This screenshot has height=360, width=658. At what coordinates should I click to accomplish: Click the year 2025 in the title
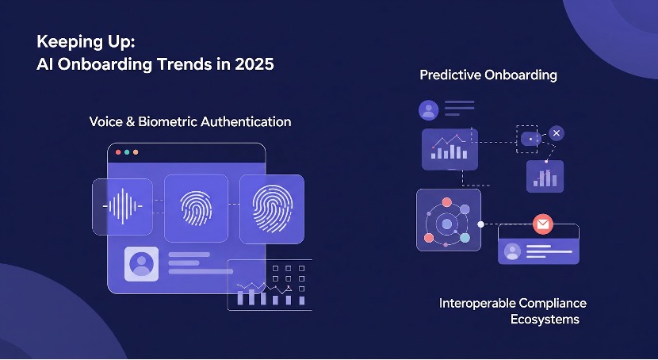click(251, 65)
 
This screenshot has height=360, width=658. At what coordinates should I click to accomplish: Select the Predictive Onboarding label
click(488, 75)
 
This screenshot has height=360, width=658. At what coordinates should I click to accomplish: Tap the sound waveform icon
click(123, 206)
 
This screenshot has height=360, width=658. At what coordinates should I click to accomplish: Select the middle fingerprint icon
click(196, 207)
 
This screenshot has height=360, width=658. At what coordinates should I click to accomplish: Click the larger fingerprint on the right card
click(271, 208)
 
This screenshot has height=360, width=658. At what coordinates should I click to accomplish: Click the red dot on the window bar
click(118, 151)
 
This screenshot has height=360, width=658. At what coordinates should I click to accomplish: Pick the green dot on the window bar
click(136, 151)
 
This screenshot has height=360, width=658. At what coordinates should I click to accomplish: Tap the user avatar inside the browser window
click(142, 263)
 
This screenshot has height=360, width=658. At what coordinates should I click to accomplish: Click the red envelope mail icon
click(543, 224)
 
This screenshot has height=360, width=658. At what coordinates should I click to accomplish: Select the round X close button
click(557, 133)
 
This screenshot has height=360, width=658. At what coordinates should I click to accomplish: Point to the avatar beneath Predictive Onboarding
click(429, 109)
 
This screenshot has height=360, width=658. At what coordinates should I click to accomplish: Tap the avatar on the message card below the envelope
click(512, 251)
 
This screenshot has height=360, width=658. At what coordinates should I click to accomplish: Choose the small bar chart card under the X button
click(545, 176)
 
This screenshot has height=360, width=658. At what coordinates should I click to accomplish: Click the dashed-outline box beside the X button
click(527, 138)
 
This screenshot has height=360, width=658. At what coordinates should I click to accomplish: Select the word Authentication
click(246, 122)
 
